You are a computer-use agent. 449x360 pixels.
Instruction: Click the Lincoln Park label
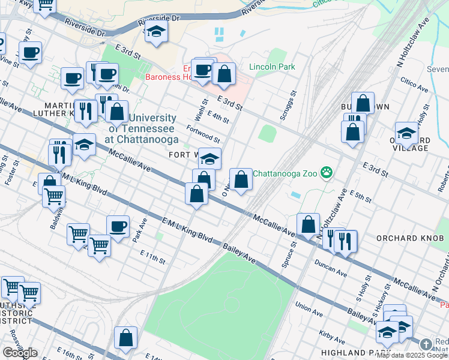click(x=272, y=67)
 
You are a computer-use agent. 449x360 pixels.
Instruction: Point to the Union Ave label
click(x=309, y=308)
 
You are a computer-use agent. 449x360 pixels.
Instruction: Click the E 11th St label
click(x=152, y=258)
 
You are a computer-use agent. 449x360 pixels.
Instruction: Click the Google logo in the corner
click(x=20, y=353)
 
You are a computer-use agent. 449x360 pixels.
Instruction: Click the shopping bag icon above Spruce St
click(x=308, y=224)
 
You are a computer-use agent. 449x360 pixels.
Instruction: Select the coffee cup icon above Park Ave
click(x=118, y=226)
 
